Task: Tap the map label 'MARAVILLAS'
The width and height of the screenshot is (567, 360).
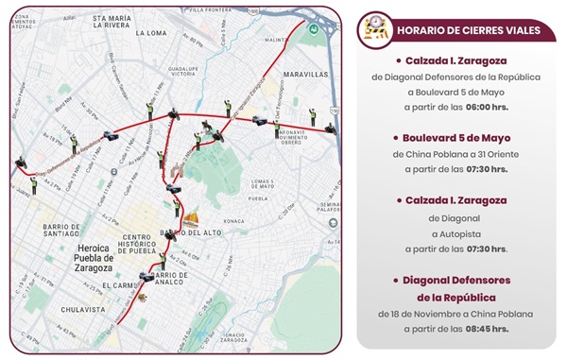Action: (309, 73)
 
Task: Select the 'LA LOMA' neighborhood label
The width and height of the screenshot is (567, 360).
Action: (152, 32)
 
